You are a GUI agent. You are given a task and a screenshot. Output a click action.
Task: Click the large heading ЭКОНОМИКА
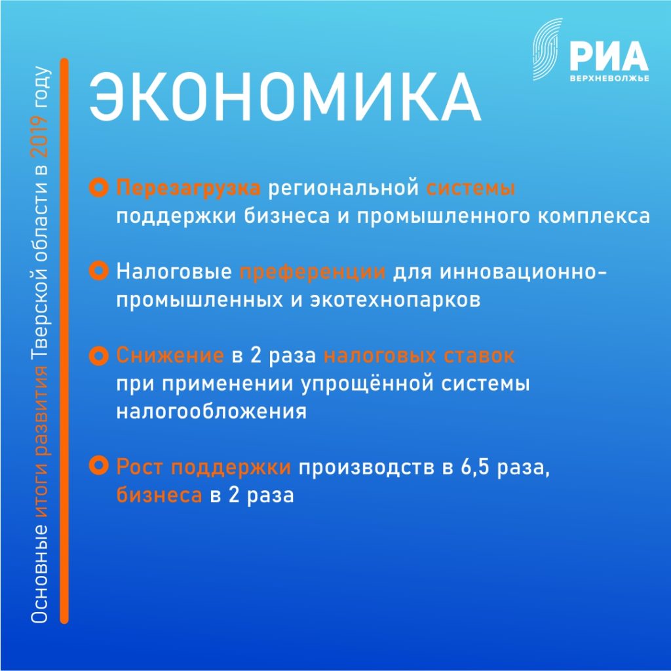pos(285,98)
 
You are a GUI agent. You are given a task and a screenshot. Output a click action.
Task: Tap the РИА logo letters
pos(609,56)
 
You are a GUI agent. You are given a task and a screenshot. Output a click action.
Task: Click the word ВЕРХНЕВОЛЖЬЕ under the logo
pos(609,79)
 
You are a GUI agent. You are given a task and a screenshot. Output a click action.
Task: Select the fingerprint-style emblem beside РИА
pos(547,49)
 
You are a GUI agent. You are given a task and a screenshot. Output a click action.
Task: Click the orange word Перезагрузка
pos(188,188)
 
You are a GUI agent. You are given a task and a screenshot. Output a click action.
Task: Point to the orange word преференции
pos(313,272)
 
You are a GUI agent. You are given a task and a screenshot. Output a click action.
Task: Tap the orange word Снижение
pos(170,356)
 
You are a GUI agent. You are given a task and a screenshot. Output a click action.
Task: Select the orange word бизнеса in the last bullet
pos(159,495)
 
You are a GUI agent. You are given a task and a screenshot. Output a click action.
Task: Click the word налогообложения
pos(212,412)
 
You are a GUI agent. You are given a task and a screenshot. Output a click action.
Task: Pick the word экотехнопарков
pos(395,300)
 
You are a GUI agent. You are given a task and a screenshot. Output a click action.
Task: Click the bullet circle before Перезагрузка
pos(99,187)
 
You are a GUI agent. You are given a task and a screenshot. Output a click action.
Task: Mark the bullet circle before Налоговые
pos(99,271)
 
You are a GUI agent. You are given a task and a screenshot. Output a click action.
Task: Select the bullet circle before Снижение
pos(99,356)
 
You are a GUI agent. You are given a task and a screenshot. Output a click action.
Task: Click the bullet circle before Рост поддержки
pos(99,466)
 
